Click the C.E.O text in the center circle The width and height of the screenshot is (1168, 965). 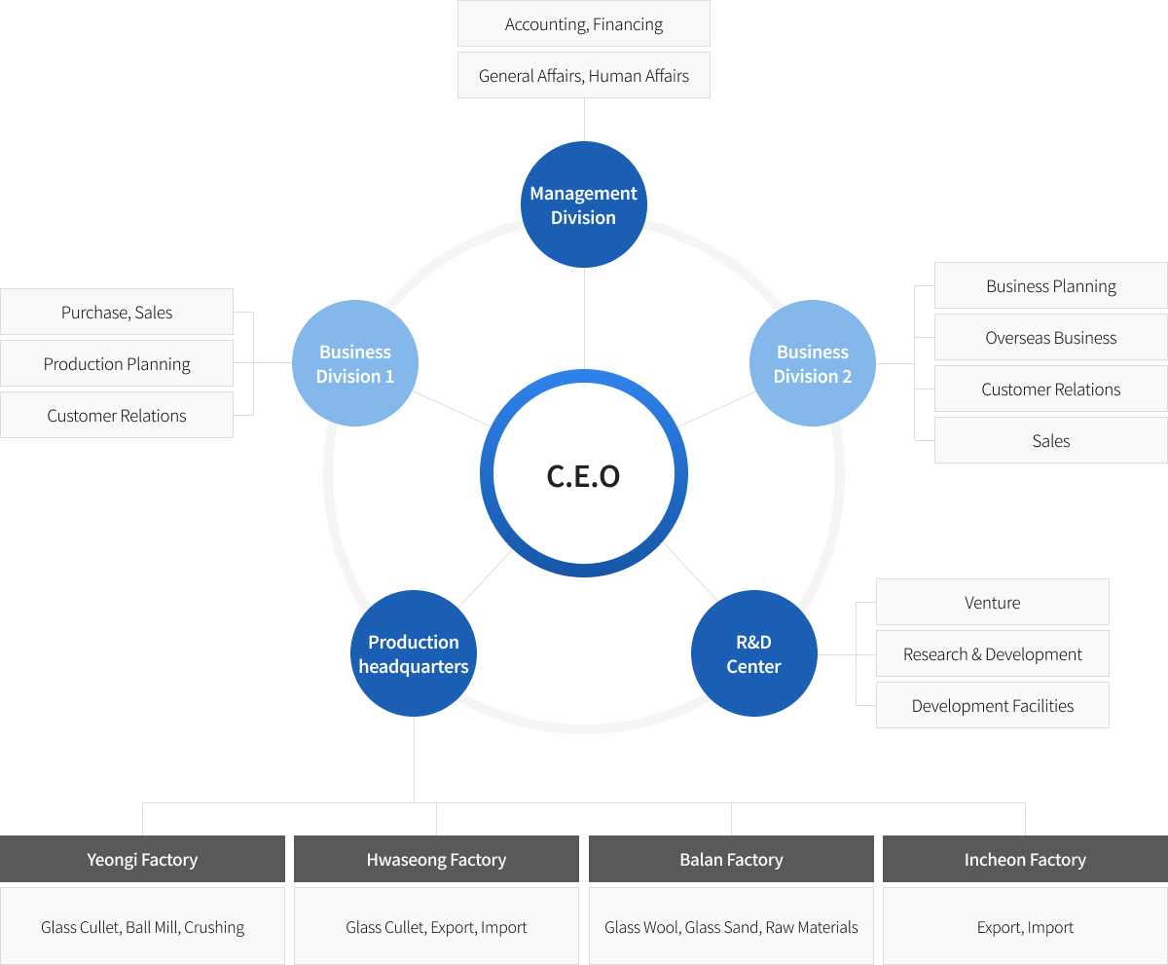click(583, 476)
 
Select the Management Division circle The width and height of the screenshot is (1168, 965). click(583, 204)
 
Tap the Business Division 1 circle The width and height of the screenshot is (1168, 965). click(355, 363)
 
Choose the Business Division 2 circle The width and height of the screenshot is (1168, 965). click(812, 363)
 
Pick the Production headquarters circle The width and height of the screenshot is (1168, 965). click(414, 653)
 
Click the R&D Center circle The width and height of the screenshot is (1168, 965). click(754, 653)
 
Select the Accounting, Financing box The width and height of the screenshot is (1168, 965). click(583, 23)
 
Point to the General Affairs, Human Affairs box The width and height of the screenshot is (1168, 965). click(583, 75)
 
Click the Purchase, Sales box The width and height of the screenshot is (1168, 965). click(117, 312)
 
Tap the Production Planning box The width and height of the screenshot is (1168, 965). click(117, 363)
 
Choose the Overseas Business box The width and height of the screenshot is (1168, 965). click(1051, 337)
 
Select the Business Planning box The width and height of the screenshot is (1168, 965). click(1051, 285)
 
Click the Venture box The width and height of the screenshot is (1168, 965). click(993, 602)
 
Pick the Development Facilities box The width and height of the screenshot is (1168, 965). click(993, 705)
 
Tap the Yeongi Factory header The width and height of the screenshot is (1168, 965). click(143, 859)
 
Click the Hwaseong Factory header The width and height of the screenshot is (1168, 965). click(436, 859)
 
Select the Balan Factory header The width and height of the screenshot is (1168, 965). click(731, 859)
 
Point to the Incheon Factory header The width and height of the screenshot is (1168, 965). click(1025, 859)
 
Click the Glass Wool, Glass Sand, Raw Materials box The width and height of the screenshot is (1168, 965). click(731, 926)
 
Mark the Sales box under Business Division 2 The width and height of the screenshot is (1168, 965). click(1051, 440)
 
